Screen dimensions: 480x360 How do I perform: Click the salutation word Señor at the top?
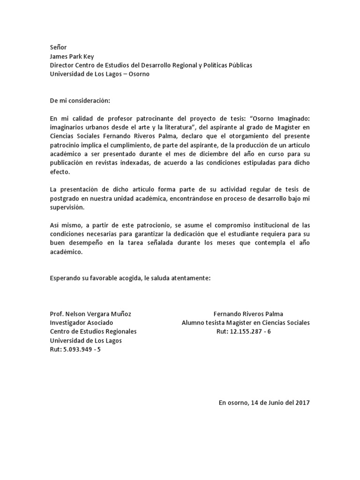pyautogui.click(x=59, y=47)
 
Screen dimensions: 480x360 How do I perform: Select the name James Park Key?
pyautogui.click(x=72, y=56)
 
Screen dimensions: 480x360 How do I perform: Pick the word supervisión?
pyautogui.click(x=68, y=207)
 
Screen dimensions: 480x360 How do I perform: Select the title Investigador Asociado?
pyautogui.click(x=81, y=322)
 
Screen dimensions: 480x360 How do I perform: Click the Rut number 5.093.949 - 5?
pyautogui.click(x=75, y=349)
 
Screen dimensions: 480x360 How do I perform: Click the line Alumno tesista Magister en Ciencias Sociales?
pyautogui.click(x=246, y=322)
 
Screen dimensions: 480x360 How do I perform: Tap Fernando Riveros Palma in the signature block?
pyautogui.click(x=248, y=314)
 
